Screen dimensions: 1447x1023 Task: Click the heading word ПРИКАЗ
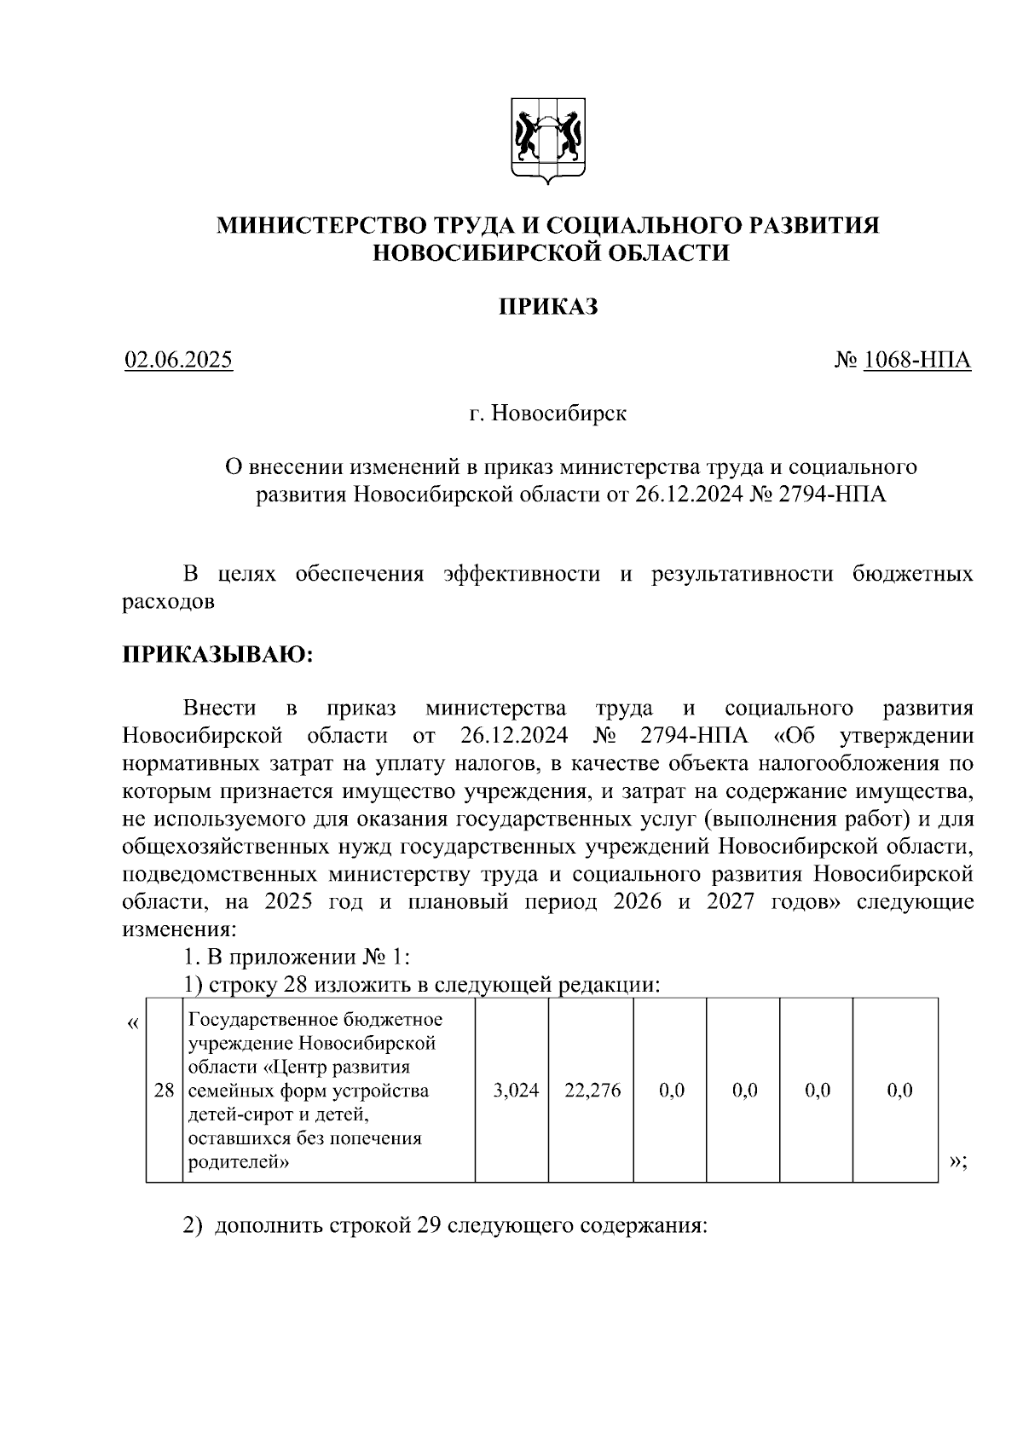coord(548,307)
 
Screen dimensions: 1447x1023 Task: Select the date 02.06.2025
coord(178,361)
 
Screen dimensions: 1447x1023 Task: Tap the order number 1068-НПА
coord(916,361)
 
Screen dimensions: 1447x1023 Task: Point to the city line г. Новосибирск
coord(548,414)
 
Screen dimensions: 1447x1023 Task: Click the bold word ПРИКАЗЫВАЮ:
coord(217,655)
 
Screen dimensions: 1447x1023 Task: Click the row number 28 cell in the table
coord(164,1091)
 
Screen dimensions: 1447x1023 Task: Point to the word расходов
coord(168,602)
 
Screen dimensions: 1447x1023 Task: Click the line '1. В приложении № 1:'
coord(298,957)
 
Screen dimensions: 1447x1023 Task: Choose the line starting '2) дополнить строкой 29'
coord(445,1226)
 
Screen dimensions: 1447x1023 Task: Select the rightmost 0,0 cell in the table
coord(899,1091)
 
